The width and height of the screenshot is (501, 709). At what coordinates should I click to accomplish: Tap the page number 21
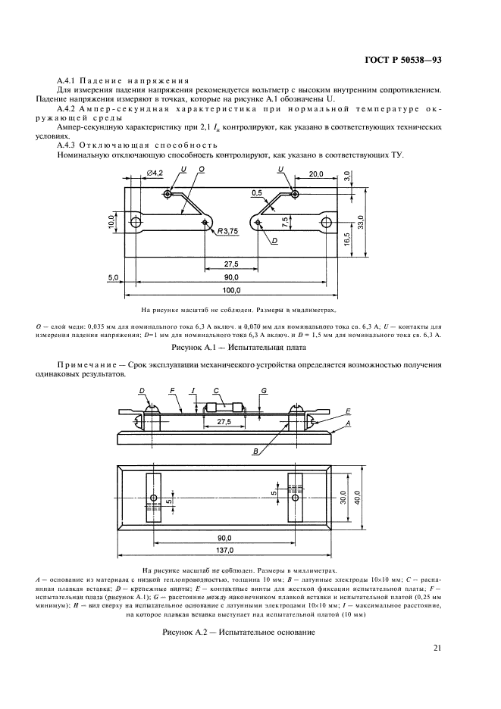pos(437,647)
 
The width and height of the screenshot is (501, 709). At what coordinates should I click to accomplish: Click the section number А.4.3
pos(70,145)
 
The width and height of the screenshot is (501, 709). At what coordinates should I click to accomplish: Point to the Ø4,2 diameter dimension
pos(155,173)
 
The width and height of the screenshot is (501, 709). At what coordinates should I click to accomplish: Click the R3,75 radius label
pos(227,231)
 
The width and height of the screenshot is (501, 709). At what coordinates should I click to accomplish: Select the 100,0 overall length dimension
pos(231,291)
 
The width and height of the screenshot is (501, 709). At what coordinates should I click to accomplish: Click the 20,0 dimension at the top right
pos(316,174)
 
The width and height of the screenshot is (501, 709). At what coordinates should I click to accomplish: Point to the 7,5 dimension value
pos(283,222)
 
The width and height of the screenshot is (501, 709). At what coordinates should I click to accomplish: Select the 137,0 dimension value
pos(225,551)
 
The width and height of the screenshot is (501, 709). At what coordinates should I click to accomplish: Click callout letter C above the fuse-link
pos(216,390)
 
